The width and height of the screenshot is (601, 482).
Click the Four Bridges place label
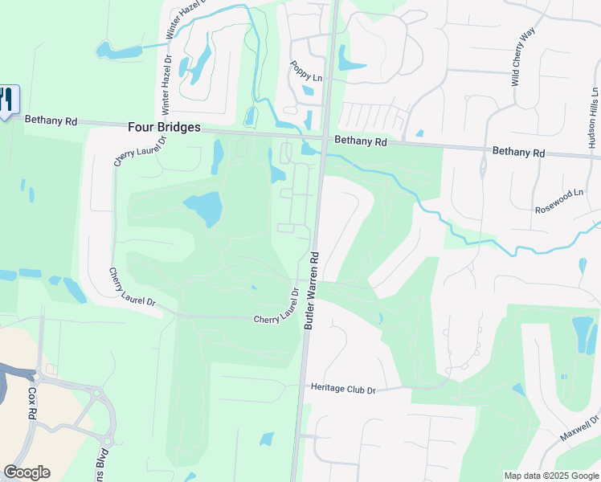tap(164, 127)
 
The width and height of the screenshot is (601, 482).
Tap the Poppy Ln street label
tap(306, 71)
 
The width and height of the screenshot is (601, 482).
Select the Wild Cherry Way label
tap(523, 57)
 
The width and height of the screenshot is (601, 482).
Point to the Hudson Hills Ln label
tap(593, 118)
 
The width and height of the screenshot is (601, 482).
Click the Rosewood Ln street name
tap(559, 201)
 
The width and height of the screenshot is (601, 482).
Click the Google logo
tap(27, 472)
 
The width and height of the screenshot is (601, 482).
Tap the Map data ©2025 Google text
tap(551, 476)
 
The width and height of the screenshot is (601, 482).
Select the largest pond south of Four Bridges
tap(204, 208)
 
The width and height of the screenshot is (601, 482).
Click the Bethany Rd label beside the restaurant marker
tap(51, 120)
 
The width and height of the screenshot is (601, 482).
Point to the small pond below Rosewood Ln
tap(581, 265)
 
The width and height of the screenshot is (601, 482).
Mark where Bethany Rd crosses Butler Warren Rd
tap(323, 138)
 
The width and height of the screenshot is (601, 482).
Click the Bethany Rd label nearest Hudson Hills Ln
tap(518, 151)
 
